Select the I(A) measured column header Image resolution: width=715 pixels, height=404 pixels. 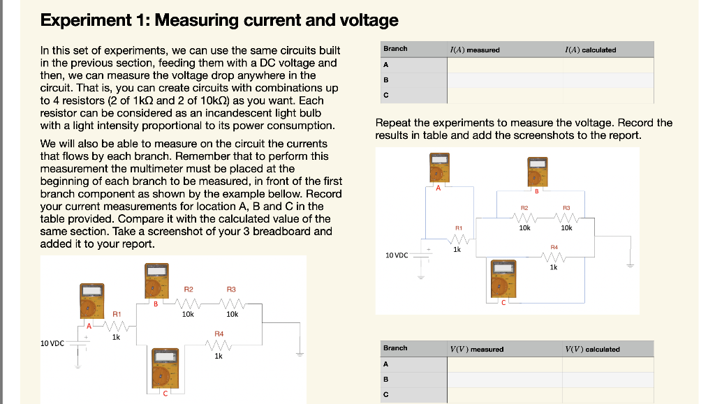coord(475,50)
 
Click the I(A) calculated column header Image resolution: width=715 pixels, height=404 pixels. coord(590,50)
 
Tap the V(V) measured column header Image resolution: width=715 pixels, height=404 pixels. coord(477,349)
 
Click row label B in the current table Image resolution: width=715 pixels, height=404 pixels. coord(385,80)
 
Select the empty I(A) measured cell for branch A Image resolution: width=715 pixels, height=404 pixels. coord(504,64)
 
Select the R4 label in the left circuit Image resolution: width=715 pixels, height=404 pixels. coord(219,334)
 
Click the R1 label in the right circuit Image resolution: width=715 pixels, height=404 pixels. coord(459,227)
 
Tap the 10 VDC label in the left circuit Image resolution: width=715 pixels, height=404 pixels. coord(53,343)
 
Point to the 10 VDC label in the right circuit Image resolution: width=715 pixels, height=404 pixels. coord(397,255)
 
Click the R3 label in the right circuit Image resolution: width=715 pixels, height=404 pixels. coord(566,207)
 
